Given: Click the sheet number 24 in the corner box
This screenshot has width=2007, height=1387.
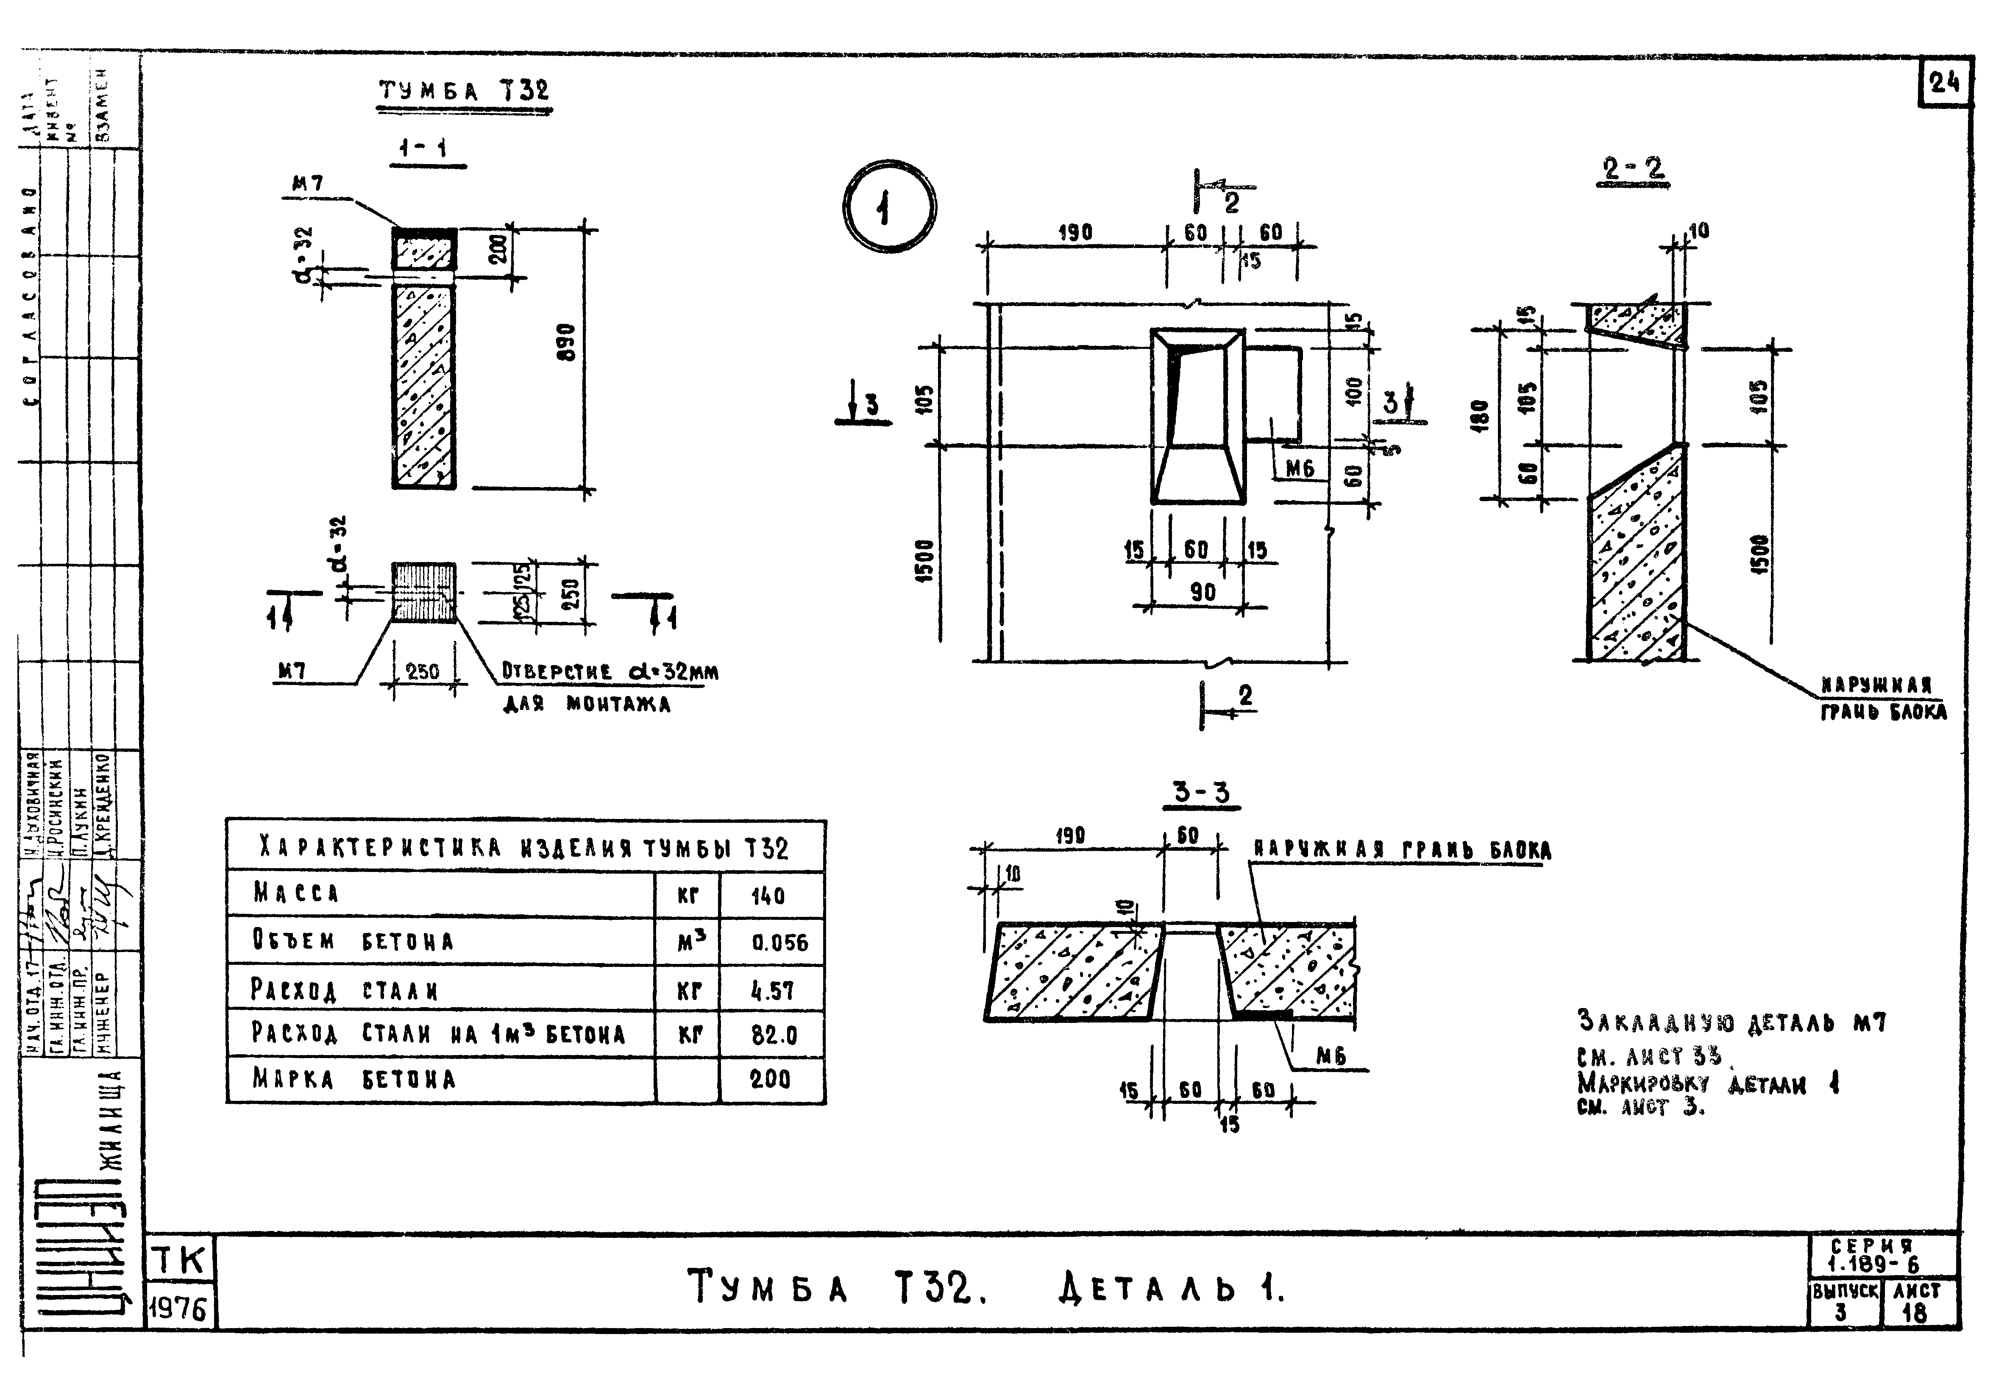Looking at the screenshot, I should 1944,84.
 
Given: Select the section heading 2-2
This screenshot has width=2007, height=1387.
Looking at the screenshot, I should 1634,168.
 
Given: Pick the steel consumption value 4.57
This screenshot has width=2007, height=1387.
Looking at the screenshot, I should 771,991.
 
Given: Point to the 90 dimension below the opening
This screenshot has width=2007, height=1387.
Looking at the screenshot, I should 1203,593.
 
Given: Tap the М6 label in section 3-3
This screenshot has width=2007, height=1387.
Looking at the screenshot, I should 1330,1056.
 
